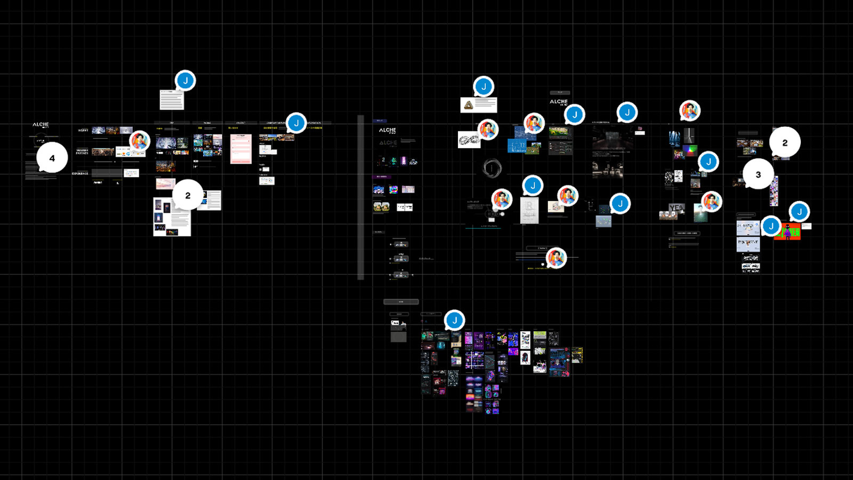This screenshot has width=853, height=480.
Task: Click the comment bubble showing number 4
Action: coord(52,158)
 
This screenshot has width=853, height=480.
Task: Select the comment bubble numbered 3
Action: coord(758,174)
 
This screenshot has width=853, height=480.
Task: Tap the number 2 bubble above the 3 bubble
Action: coord(785,142)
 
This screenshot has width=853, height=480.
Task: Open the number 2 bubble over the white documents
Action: coord(188,195)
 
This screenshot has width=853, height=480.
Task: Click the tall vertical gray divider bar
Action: coord(360,197)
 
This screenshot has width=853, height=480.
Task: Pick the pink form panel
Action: coord(240,148)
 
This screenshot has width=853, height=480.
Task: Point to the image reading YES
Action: coord(676,208)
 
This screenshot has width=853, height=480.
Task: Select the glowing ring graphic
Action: coord(491,169)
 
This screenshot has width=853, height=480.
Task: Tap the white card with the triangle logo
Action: coord(478,105)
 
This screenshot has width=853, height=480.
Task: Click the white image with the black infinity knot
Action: coord(469,140)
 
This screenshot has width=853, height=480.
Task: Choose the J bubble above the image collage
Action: coord(454,321)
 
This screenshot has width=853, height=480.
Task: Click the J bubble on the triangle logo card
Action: coord(484,87)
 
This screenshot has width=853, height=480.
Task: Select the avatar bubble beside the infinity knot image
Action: coord(488,130)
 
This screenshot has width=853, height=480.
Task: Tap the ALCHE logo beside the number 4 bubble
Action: coord(41,125)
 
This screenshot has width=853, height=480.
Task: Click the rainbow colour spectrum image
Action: coord(690,151)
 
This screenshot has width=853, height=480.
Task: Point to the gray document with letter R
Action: coord(528,210)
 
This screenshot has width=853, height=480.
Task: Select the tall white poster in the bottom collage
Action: coord(525,348)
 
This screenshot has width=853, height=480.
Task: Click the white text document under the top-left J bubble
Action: coord(171,100)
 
